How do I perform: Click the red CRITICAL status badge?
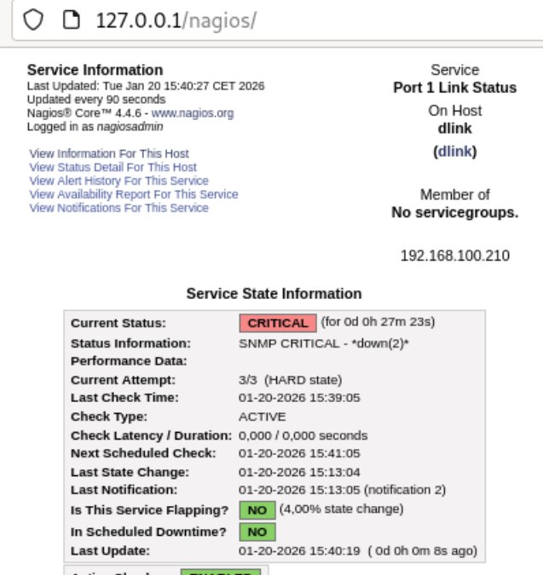tap(277, 323)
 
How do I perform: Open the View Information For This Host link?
tap(109, 154)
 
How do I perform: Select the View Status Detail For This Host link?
tap(113, 168)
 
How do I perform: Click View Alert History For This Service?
tap(118, 181)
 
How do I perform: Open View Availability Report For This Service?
tap(134, 194)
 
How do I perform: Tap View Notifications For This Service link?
tap(118, 208)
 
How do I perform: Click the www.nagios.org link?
tap(193, 112)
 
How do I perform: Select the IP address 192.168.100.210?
tap(455, 256)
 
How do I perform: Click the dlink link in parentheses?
tap(455, 152)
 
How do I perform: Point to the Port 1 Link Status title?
tap(455, 88)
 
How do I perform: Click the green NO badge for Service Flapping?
tap(257, 510)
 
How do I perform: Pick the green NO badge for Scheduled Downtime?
tap(257, 532)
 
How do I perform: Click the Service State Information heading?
tap(274, 294)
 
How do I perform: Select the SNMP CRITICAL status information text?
tap(325, 343)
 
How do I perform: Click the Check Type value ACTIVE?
tap(263, 417)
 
